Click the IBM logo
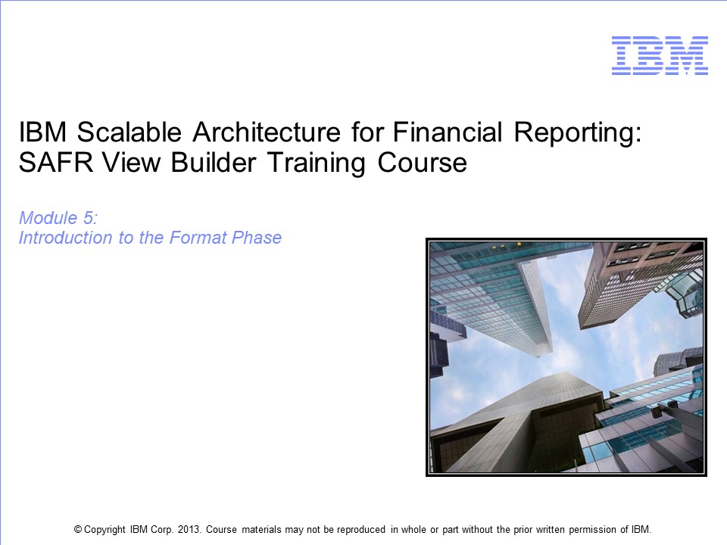[660, 55]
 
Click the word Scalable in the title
[129, 132]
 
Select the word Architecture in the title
[267, 132]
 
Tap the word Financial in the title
[448, 132]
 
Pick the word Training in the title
[317, 164]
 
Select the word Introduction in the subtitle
[65, 238]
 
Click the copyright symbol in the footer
[78, 529]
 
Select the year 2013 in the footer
[189, 529]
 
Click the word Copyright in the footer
[105, 530]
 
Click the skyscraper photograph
[566, 357]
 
